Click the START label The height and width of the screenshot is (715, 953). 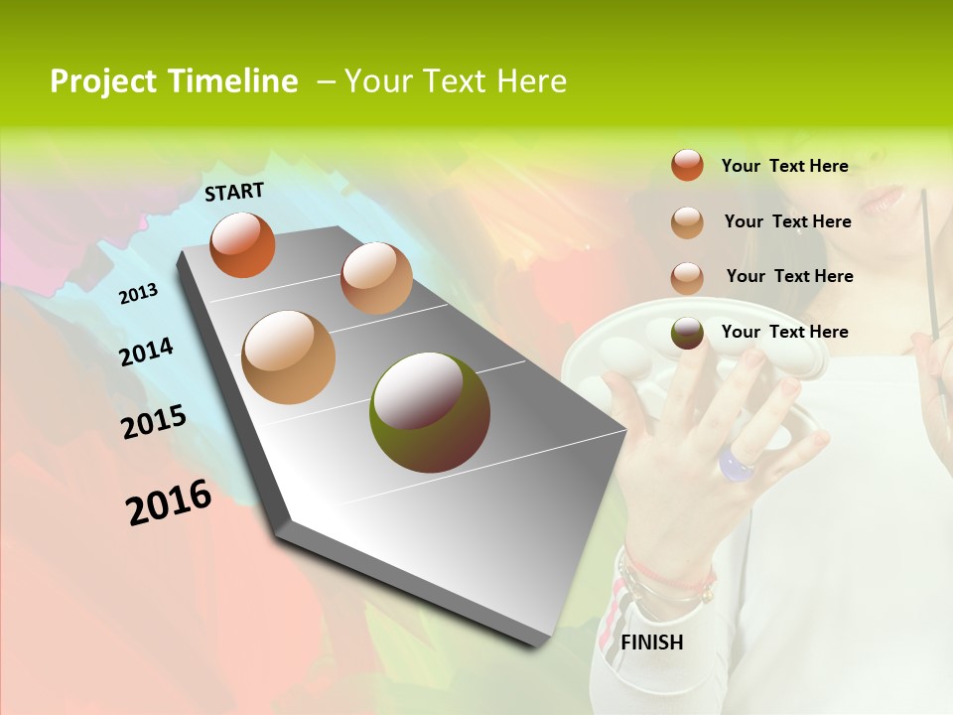point(234,192)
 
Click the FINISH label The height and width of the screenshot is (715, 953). point(651,643)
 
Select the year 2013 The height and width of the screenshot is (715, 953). point(138,293)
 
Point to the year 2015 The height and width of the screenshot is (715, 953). point(154,422)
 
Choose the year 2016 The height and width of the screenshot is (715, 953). point(169,502)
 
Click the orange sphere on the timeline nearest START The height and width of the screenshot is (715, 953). point(242,244)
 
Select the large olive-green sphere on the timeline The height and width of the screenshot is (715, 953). point(430,411)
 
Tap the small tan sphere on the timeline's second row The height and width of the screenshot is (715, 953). point(376,278)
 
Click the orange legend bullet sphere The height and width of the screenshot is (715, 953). point(687,165)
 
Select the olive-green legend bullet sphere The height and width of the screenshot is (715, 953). point(687,332)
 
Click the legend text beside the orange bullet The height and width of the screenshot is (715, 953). point(784,166)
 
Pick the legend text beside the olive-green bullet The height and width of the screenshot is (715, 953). point(784,332)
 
